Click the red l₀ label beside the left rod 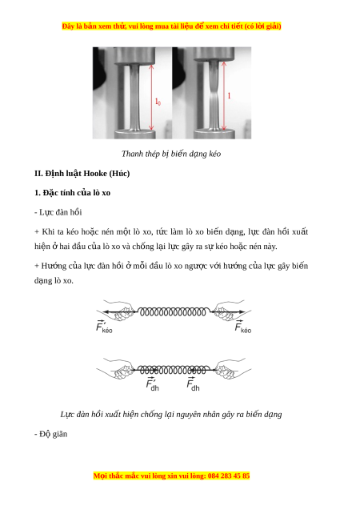tap(158, 102)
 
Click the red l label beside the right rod tap(229, 95)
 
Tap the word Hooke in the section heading tap(95, 174)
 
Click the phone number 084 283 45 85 tap(229, 476)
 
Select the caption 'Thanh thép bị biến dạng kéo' tap(171, 154)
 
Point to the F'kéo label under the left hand tap(104, 327)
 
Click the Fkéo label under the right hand tap(243, 327)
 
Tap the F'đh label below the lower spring tap(152, 384)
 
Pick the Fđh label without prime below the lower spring tap(193, 384)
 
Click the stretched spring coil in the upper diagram tap(173, 312)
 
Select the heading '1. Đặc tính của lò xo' tap(73, 193)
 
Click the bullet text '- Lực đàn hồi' tap(58, 212)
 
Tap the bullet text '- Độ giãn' tap(50, 434)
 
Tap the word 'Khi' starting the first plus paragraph tap(47, 232)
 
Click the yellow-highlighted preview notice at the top tap(171, 26)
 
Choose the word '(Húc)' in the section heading tap(119, 174)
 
